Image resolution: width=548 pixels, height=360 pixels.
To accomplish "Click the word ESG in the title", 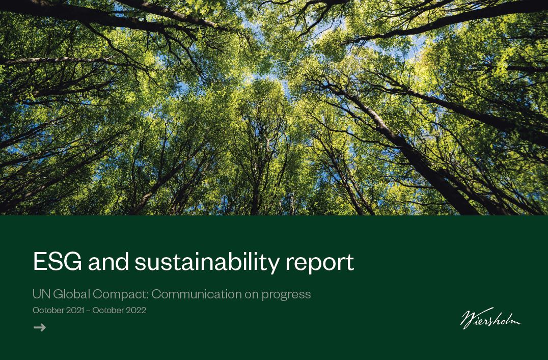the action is (x=58, y=261).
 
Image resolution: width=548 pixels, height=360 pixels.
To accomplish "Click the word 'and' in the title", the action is (x=108, y=261).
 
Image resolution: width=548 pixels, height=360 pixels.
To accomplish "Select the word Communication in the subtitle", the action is (x=197, y=294).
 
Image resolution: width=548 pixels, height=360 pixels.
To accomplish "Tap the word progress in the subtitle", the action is (x=286, y=295).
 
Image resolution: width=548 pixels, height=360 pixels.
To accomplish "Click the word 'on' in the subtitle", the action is (x=252, y=295).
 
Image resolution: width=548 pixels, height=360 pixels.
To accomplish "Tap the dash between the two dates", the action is (x=88, y=311).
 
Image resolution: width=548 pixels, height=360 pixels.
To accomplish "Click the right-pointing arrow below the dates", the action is (x=40, y=327).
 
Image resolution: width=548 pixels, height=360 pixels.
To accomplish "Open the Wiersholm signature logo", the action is (x=490, y=318).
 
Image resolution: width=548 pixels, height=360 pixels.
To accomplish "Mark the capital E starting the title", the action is (x=40, y=261).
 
